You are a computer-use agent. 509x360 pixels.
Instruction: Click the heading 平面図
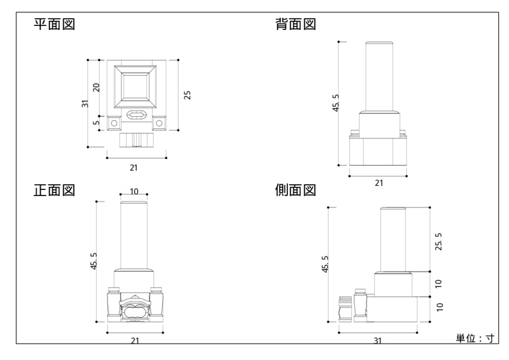point(55,25)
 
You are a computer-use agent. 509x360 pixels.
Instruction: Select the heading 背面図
point(295,25)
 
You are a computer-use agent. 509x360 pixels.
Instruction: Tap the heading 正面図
point(55,190)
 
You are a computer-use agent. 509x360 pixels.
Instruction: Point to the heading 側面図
point(295,190)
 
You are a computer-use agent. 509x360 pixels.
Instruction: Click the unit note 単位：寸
point(475,339)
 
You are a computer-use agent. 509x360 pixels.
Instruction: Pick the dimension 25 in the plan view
point(187,94)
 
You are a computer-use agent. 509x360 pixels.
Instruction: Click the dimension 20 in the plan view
point(96,88)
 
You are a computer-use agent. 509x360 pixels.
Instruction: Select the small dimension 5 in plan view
point(96,122)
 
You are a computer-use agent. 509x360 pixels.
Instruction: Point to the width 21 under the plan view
point(133,167)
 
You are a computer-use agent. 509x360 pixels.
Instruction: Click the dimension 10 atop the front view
point(134,192)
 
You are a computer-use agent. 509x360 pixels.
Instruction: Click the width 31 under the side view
point(377,340)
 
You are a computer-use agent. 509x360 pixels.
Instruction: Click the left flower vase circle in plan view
point(113,123)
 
